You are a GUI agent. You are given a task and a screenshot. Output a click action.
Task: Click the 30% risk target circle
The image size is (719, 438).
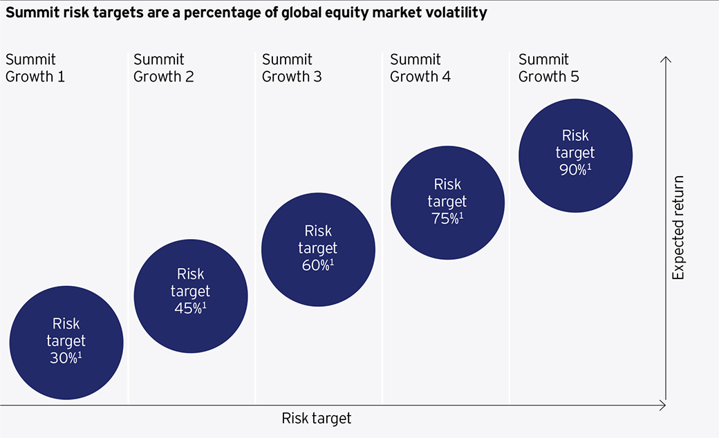pos(66,343)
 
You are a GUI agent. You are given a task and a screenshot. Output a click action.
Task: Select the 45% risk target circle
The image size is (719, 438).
pos(191,296)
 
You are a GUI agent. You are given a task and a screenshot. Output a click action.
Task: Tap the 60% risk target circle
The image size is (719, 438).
pos(318,249)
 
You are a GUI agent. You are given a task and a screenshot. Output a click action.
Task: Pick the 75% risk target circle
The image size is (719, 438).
pos(447,203)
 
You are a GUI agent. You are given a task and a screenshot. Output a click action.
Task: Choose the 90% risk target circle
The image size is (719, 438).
pos(575,155)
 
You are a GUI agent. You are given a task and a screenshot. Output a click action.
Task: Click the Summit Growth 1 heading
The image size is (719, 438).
pos(35,68)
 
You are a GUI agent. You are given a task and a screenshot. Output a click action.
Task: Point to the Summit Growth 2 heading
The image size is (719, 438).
pos(164,68)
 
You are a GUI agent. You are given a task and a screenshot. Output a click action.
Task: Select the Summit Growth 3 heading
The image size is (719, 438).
pos(292,68)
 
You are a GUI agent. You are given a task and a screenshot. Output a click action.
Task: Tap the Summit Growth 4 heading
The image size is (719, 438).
pos(420,68)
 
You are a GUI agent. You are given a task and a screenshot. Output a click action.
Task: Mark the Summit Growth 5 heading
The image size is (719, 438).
pos(549,68)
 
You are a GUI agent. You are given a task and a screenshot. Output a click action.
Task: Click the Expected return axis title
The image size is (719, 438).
pos(678,228)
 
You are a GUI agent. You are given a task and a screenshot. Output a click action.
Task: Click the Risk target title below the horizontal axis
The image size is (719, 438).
pos(317,418)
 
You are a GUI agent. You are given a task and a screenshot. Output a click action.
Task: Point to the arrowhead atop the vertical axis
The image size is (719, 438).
pos(665,59)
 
